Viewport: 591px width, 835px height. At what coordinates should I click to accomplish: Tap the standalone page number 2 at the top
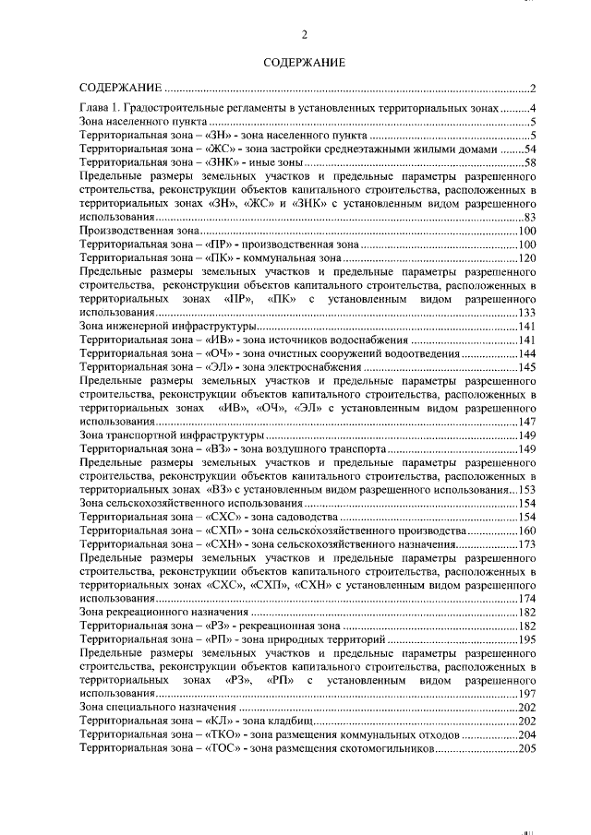(304, 35)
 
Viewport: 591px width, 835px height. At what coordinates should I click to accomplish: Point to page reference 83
(531, 217)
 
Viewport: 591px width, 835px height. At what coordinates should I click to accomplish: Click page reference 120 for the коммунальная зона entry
(527, 258)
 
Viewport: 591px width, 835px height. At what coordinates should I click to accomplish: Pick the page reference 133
(527, 314)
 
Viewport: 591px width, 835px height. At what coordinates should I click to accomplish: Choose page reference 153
(527, 490)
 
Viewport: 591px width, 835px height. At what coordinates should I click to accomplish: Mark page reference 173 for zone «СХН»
(527, 544)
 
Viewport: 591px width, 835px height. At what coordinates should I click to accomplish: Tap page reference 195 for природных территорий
(527, 639)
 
